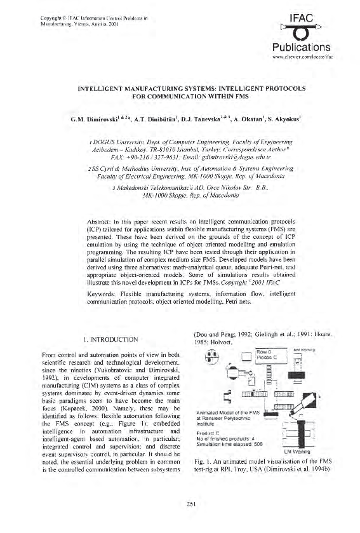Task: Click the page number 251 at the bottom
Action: (180, 504)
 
